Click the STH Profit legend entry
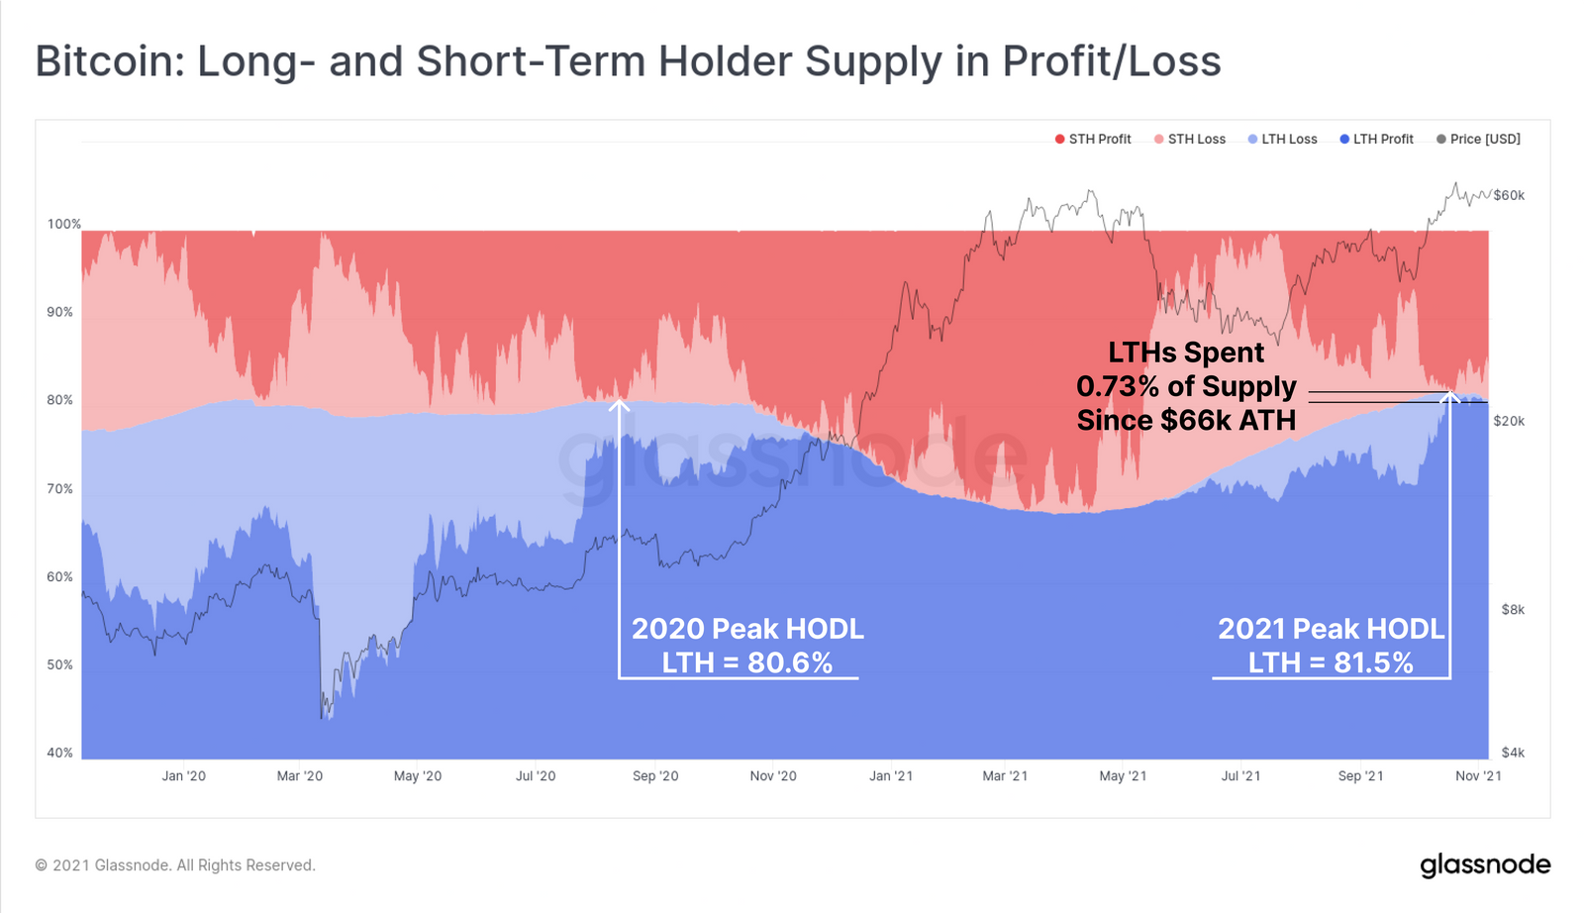pos(1093,140)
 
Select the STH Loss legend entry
pos(1190,140)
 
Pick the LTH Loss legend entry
pos(1283,140)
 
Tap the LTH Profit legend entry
pos(1377,140)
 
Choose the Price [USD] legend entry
pos(1478,140)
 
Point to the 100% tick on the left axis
pos(64,225)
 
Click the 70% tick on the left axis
pos(60,489)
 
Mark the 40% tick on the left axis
pos(60,754)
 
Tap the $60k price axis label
pos(1509,196)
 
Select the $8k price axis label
pos(1513,610)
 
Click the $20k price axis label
pos(1509,422)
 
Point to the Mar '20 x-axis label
pos(300,776)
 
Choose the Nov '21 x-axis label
pos(1478,776)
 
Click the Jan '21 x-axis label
pos(891,776)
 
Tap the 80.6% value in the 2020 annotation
pos(790,662)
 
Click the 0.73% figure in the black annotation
pos(1118,387)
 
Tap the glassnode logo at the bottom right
pos(1485,865)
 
